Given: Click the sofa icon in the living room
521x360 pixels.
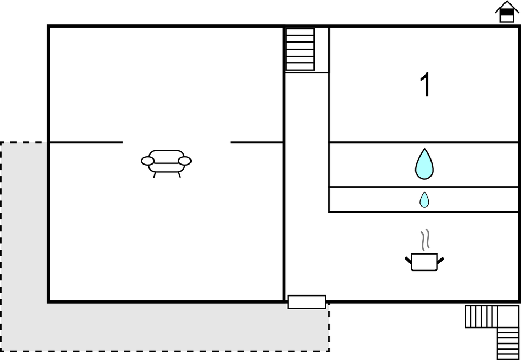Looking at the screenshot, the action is coord(166,163).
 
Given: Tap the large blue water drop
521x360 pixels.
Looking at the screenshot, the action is coord(424,164).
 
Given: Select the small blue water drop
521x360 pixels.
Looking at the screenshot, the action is coord(424,199).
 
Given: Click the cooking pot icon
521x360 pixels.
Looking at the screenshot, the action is coord(424,262).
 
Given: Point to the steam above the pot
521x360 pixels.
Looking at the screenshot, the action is coord(425,239).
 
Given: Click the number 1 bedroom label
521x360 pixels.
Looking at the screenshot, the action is coord(426,85).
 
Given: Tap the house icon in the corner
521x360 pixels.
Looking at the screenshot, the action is coord(507,12).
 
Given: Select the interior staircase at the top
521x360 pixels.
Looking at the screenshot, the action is coord(300,49).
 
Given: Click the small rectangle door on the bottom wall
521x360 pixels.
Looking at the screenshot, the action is coord(306,302).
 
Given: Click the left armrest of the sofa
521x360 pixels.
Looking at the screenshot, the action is coord(147,161).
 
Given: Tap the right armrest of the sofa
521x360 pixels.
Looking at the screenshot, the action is coord(185,161).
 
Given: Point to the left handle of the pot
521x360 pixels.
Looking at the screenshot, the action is coord(408,260).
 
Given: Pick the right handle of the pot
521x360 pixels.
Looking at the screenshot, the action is coord(440,260).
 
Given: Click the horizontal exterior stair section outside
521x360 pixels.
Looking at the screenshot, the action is coord(481,316).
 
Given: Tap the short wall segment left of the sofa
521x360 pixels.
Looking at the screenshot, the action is coord(86,142).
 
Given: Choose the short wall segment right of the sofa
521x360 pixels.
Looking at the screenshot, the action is coord(257,142).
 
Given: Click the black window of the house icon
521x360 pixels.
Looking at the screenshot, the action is coord(507,13).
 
